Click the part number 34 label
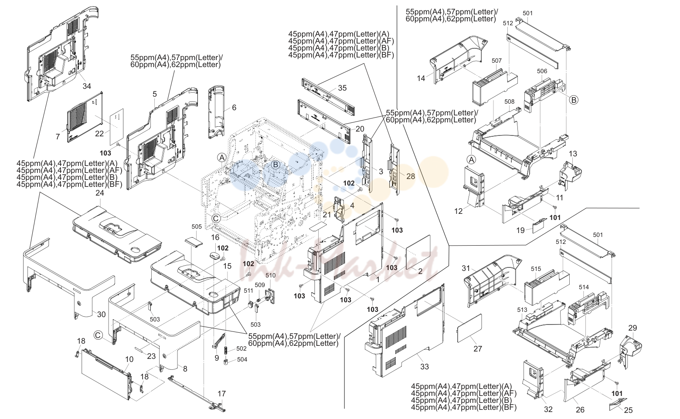pyautogui.click(x=87, y=86)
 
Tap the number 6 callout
pyautogui.click(x=234, y=108)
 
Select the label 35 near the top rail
pyautogui.click(x=343, y=88)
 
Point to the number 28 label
pyautogui.click(x=411, y=176)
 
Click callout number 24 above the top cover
pyautogui.click(x=99, y=193)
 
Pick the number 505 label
pyautogui.click(x=197, y=226)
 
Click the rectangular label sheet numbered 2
pyautogui.click(x=418, y=251)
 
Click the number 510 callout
pyautogui.click(x=271, y=276)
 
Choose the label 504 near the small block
pyautogui.click(x=242, y=359)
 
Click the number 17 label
pyautogui.click(x=221, y=393)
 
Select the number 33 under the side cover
pyautogui.click(x=425, y=366)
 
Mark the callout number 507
pyautogui.click(x=496, y=61)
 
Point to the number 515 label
pyautogui.click(x=536, y=269)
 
